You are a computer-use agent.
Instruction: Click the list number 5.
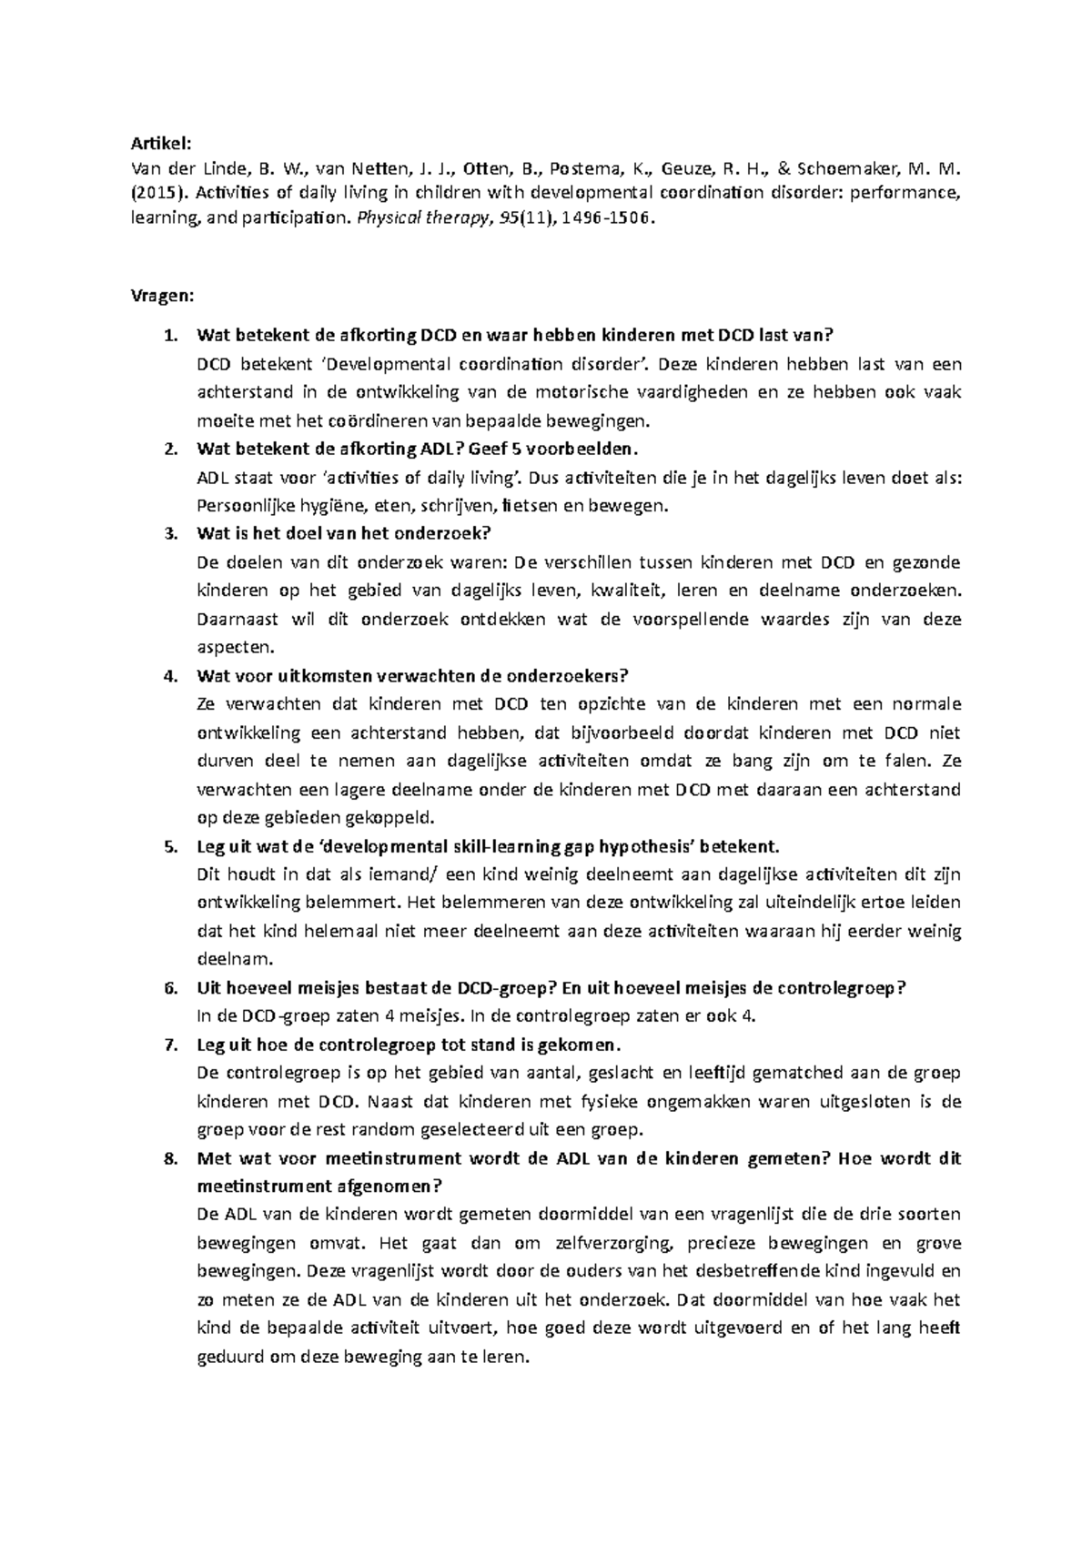pyautogui.click(x=169, y=846)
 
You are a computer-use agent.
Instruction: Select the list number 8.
pyautogui.click(x=169, y=1159)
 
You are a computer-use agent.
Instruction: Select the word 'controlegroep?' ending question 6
pyautogui.click(x=842, y=988)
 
